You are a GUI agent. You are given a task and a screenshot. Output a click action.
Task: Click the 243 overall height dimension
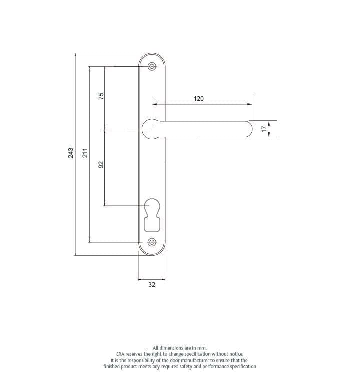[x=71, y=153]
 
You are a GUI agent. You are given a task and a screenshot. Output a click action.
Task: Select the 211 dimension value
[x=85, y=153]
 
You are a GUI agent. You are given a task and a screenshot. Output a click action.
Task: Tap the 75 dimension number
[x=100, y=95]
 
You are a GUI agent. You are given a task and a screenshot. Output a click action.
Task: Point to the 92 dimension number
[x=100, y=165]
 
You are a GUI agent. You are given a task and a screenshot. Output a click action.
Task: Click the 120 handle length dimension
[x=198, y=99]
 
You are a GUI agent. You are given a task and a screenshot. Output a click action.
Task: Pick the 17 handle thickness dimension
[x=264, y=128]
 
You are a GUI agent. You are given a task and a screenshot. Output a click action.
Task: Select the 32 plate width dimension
[x=152, y=285]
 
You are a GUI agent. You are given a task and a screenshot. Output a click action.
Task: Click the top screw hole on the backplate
[x=152, y=66]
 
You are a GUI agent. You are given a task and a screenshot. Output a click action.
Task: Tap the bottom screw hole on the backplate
[x=152, y=242]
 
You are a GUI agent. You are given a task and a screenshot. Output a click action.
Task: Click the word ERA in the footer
[x=120, y=354]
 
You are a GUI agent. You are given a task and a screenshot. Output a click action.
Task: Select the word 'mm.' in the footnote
[x=201, y=348]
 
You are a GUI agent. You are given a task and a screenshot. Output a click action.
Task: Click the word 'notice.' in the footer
[x=235, y=354]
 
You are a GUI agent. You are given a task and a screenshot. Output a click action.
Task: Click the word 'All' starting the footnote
[x=155, y=348]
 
